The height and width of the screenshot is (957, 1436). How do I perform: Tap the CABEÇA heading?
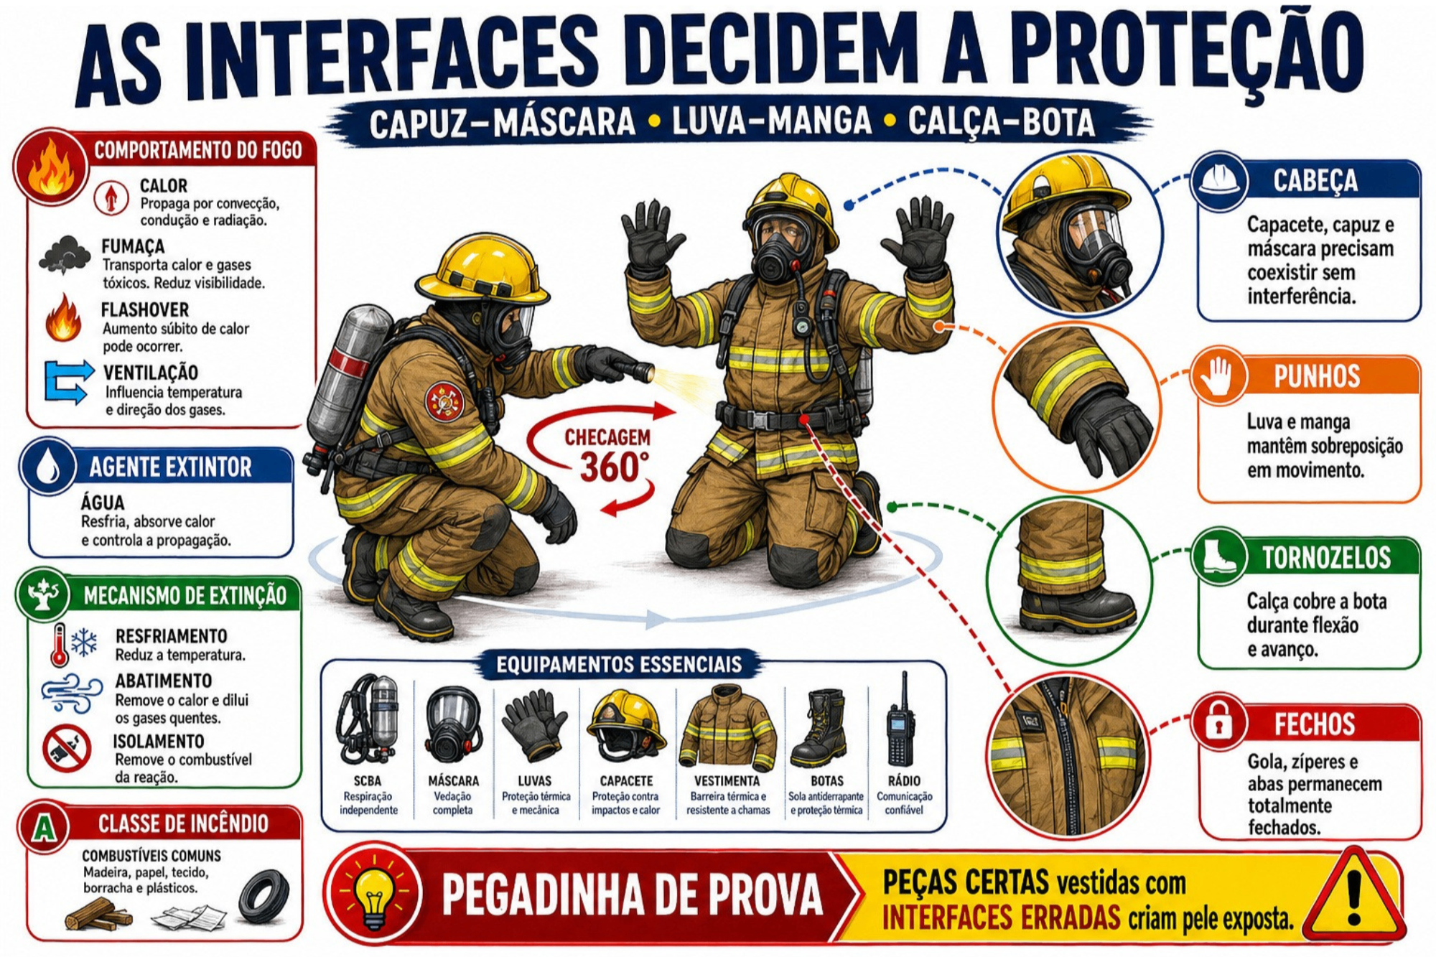[x=1315, y=181]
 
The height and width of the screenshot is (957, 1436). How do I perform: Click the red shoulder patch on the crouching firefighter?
[x=444, y=401]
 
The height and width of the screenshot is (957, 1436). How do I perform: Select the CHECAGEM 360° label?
[x=607, y=457]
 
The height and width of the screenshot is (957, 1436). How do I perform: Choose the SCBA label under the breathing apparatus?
[x=368, y=781]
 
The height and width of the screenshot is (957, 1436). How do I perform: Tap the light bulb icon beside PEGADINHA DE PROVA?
[x=375, y=892]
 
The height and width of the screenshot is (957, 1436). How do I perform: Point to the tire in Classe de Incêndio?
[x=264, y=897]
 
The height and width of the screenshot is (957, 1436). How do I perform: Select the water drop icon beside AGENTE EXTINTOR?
[x=48, y=467]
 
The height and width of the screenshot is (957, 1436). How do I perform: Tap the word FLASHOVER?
[x=144, y=310]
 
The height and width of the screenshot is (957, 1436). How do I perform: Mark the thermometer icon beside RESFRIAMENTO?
[x=60, y=645]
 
